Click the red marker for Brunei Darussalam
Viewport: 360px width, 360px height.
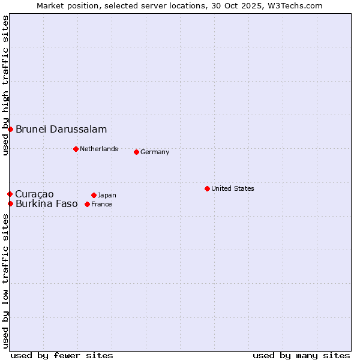point(10,129)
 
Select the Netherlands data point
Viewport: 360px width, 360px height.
point(76,149)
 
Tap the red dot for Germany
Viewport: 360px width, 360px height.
point(136,152)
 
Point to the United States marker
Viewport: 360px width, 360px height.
point(207,188)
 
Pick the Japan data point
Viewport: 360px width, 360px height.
point(94,195)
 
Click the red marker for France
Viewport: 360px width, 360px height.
point(87,204)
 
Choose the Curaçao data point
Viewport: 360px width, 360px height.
point(10,194)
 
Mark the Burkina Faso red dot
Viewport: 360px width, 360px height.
point(10,203)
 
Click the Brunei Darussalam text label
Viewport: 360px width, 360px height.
point(61,129)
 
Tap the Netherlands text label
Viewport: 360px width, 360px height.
point(99,149)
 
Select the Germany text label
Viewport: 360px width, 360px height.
point(155,152)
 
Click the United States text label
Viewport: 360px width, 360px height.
point(233,188)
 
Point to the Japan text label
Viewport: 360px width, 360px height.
point(107,195)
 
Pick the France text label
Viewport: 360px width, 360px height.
point(101,204)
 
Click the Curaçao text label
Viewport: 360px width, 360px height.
point(34,194)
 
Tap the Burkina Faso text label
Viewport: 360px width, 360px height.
point(47,203)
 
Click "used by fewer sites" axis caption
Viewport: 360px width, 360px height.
point(62,355)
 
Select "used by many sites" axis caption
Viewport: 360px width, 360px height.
point(301,355)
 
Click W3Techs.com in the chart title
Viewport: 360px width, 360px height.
point(296,5)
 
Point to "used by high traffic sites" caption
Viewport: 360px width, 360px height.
point(5,85)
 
